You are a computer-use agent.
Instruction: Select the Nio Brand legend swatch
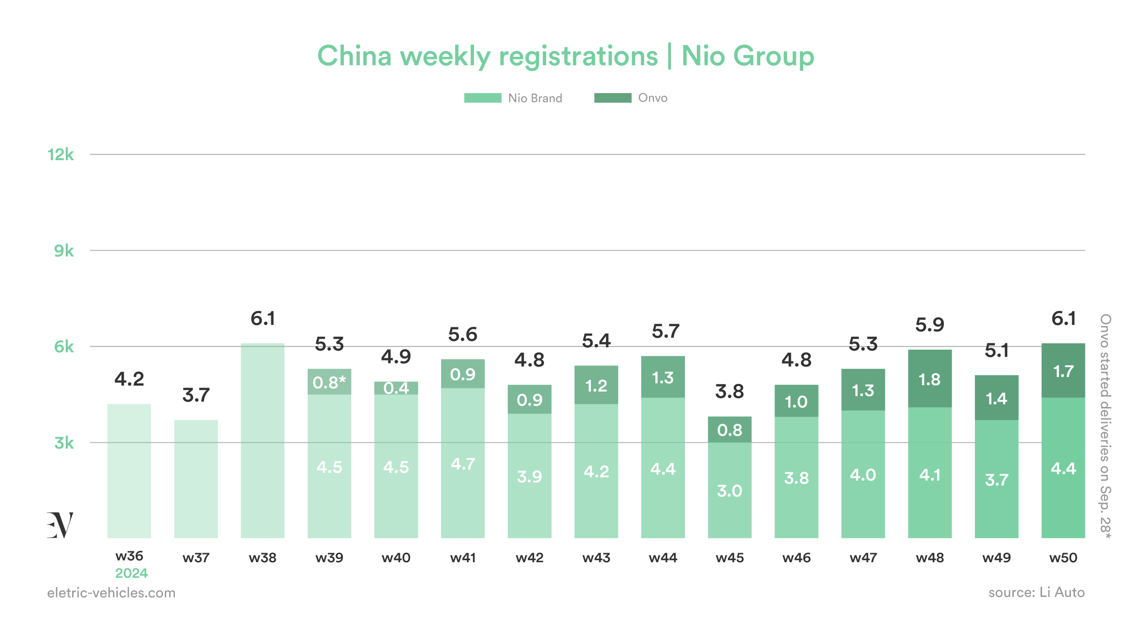click(x=482, y=98)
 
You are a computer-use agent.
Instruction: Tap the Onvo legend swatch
click(x=612, y=98)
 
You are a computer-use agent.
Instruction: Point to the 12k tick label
click(x=60, y=155)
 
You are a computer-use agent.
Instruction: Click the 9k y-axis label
click(x=63, y=251)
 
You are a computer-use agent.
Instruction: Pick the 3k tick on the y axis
click(x=63, y=443)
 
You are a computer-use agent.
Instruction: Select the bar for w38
click(x=263, y=440)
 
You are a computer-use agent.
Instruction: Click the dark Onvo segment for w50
click(x=1063, y=371)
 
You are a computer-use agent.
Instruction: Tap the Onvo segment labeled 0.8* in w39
click(x=329, y=382)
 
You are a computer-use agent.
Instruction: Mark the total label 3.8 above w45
click(x=729, y=392)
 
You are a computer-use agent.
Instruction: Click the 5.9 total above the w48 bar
click(x=929, y=325)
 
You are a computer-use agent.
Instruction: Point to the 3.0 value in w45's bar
click(x=729, y=491)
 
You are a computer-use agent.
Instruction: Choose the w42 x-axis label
click(x=529, y=558)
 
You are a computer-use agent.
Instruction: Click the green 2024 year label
click(x=131, y=573)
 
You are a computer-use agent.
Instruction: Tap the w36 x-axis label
click(x=129, y=556)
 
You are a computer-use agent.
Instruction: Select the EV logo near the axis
click(x=60, y=525)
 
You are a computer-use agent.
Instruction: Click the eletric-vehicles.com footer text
click(x=111, y=593)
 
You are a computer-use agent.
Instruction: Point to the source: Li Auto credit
click(x=1036, y=592)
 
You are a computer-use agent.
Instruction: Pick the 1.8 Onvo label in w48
click(x=929, y=379)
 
